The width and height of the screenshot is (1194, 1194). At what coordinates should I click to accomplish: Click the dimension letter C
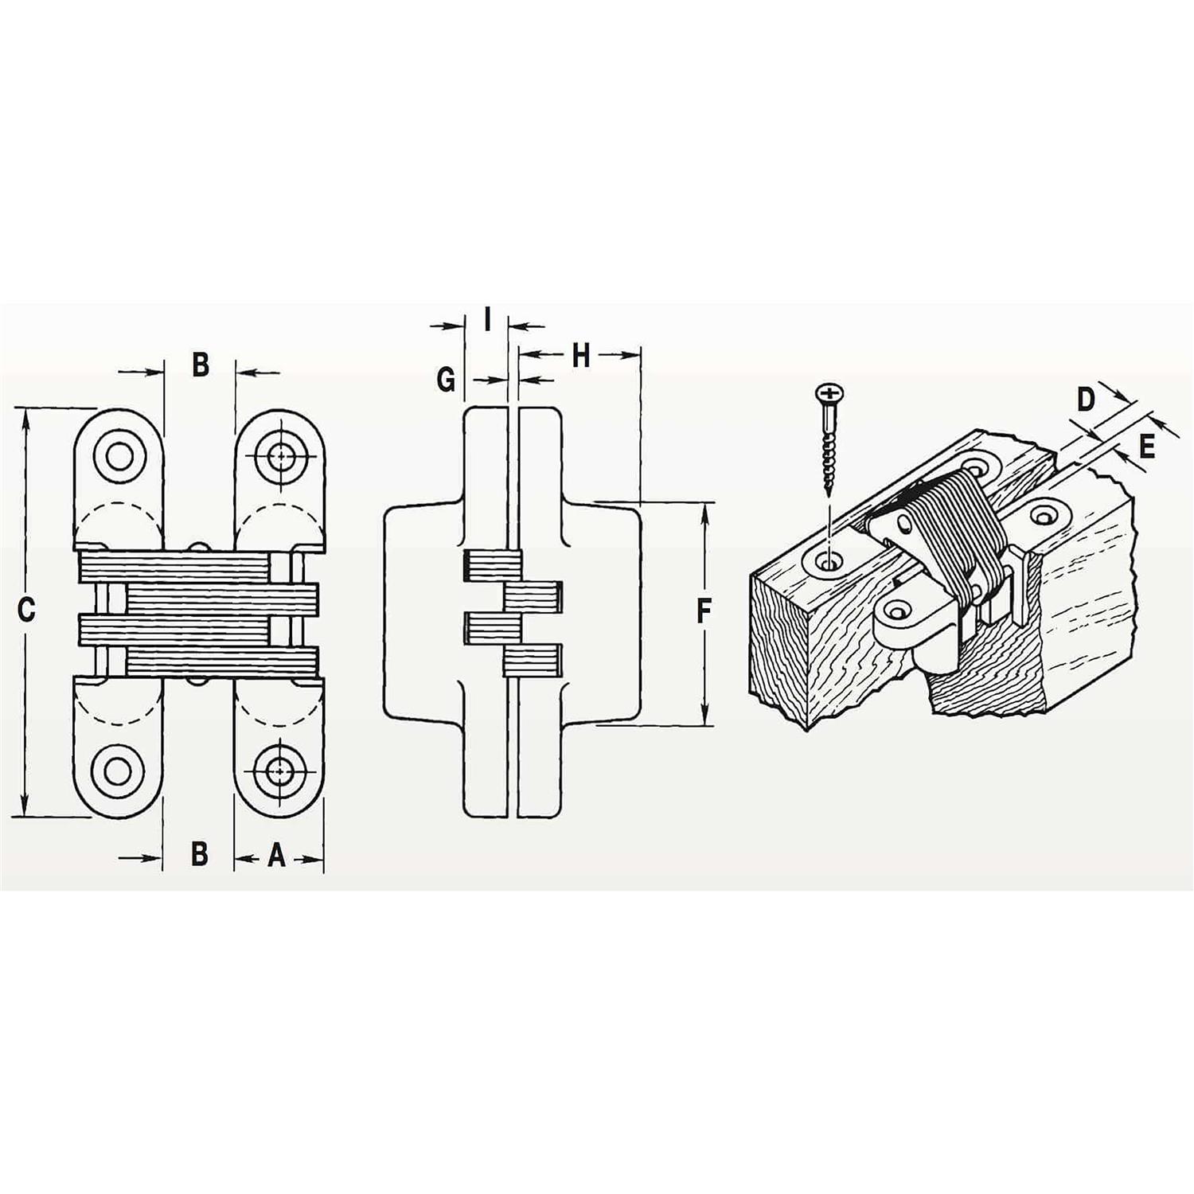pos(26,611)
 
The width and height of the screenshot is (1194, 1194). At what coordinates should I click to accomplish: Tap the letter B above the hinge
pos(201,365)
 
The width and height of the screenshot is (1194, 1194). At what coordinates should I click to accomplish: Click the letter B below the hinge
pos(200,854)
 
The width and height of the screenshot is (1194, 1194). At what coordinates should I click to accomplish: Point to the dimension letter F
pos(704,611)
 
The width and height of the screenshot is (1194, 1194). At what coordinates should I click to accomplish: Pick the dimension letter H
pos(581,356)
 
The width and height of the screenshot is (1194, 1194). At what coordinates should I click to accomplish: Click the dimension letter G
pos(447,380)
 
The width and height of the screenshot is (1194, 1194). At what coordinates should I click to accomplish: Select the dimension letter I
pos(487,321)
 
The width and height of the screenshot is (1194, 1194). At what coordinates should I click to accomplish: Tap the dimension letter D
pos(1086,400)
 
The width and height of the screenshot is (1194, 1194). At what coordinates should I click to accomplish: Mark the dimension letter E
pos(1146,447)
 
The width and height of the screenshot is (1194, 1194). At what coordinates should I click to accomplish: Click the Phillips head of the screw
pos(829,393)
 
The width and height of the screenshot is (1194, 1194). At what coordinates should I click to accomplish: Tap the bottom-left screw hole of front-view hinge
pos(119,771)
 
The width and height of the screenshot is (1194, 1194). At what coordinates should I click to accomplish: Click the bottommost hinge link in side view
pos(533,660)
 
